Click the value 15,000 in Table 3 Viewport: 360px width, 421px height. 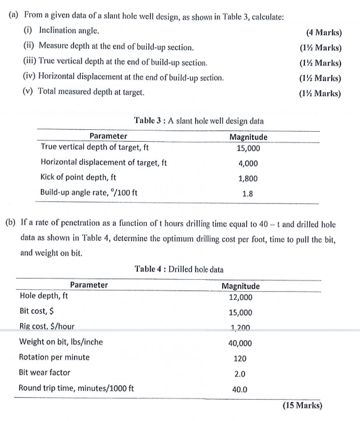(x=248, y=149)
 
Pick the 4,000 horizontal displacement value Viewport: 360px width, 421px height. (x=248, y=163)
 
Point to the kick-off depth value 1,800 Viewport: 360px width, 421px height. (x=248, y=178)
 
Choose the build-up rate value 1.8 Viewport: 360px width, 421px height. (x=248, y=193)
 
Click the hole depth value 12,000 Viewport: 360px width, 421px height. (x=241, y=297)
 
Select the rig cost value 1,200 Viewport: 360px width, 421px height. (x=241, y=328)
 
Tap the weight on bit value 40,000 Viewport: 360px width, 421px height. (x=241, y=343)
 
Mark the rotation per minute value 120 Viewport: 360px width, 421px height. (x=241, y=358)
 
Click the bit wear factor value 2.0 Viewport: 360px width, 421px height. (x=241, y=373)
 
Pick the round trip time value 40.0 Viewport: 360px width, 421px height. (x=241, y=389)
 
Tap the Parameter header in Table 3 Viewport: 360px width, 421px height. (x=108, y=136)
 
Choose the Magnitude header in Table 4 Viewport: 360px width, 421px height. (x=241, y=286)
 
